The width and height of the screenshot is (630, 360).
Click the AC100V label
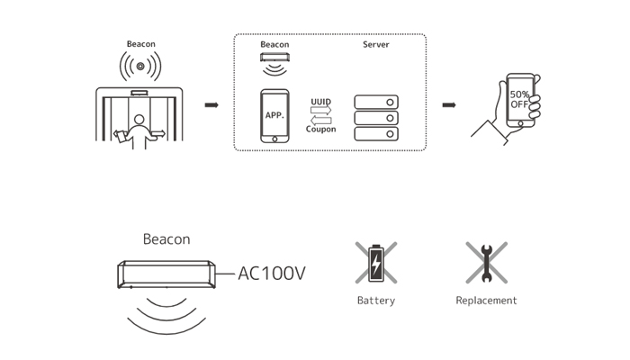point(272,272)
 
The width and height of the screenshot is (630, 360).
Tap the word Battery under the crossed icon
point(375,301)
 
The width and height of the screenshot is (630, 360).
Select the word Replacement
point(486,301)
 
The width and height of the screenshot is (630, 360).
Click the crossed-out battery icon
point(376,263)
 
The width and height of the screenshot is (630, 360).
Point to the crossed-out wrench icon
point(486,263)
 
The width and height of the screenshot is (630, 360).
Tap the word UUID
point(322,103)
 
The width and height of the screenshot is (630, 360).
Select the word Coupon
point(321,130)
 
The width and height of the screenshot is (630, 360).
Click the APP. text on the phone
point(274,115)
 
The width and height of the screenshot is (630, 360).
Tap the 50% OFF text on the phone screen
point(519,99)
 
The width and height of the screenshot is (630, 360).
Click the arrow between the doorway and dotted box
point(211,105)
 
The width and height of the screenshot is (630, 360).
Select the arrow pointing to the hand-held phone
point(447,105)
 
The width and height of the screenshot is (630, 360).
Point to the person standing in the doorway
point(139,129)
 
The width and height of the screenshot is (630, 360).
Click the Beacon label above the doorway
point(140,42)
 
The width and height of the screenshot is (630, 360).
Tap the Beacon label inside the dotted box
point(274,44)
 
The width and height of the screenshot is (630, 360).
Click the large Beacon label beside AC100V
point(166,239)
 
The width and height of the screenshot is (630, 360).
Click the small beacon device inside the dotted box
point(274,58)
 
